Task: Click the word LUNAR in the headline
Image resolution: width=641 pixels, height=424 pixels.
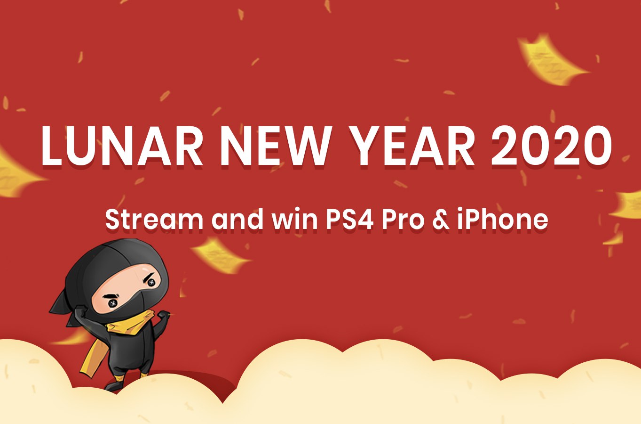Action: [122, 146]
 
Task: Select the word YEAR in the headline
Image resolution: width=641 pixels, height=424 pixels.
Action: [412, 146]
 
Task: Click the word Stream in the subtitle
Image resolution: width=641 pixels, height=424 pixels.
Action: [154, 220]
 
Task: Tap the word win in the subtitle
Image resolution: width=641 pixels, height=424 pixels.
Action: [294, 220]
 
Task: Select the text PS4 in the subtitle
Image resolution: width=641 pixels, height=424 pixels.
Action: [350, 220]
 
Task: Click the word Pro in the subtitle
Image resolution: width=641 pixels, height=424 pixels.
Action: [403, 220]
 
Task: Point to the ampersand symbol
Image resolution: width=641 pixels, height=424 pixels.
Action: [441, 220]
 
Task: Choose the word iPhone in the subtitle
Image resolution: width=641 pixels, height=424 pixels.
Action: [502, 220]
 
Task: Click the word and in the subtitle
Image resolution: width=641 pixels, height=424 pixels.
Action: [237, 220]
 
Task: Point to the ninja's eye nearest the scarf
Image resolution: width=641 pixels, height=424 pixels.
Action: [112, 303]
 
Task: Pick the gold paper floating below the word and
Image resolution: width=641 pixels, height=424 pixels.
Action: [221, 256]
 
